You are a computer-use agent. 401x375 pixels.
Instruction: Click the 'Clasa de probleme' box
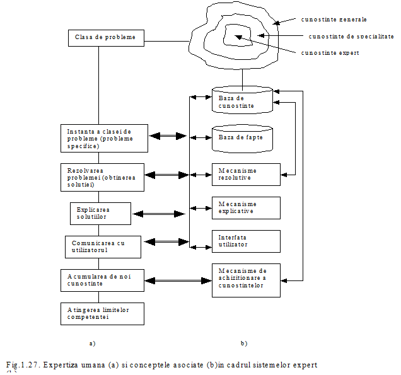click(106, 38)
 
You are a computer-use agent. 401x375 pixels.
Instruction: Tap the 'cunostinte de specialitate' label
click(351, 36)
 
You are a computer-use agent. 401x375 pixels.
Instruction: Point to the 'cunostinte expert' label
click(332, 53)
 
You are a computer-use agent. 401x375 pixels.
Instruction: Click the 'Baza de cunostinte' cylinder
click(242, 101)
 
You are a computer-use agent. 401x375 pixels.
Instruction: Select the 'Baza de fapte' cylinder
click(242, 137)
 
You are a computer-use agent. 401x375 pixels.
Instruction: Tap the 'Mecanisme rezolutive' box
click(245, 175)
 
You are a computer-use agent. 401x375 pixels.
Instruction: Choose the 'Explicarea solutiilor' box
click(100, 213)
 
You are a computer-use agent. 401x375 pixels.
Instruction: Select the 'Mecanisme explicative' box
click(245, 207)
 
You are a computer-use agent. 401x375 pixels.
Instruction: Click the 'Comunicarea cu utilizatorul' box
click(103, 246)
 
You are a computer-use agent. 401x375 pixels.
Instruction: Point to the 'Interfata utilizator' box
click(245, 241)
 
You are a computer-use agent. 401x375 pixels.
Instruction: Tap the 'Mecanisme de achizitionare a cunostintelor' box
click(245, 279)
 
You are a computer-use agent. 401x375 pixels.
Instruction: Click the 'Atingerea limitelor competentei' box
click(102, 313)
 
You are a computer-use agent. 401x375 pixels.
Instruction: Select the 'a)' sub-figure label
click(98, 344)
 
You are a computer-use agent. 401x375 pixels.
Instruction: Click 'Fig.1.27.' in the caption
click(23, 366)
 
